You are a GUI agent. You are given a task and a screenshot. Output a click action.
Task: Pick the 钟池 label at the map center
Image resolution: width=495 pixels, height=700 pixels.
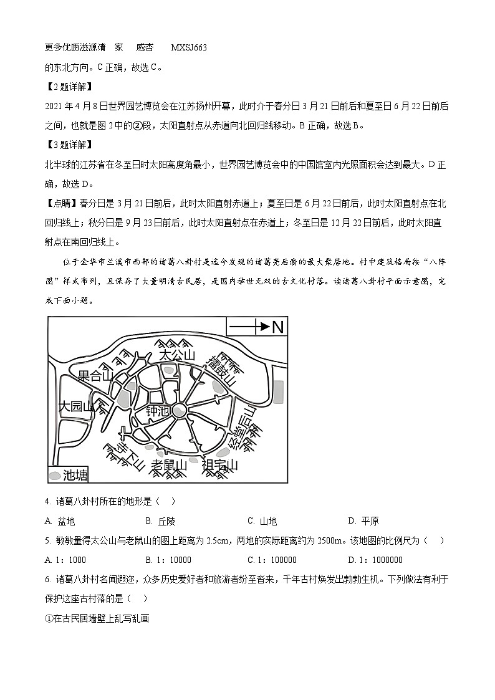click(x=157, y=411)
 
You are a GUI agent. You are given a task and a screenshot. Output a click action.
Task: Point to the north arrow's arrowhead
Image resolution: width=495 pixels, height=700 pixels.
click(x=264, y=326)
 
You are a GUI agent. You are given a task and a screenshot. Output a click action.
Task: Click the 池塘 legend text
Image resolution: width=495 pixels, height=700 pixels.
click(x=75, y=475)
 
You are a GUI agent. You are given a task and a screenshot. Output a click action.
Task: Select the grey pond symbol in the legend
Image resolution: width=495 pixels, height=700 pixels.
click(x=56, y=476)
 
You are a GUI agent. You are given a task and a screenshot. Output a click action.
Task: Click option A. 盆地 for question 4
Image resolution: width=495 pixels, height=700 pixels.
click(x=60, y=521)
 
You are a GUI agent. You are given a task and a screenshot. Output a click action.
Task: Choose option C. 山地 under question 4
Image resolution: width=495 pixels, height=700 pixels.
click(x=262, y=521)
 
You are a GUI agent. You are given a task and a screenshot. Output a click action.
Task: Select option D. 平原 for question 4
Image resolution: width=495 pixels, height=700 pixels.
click(x=363, y=521)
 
